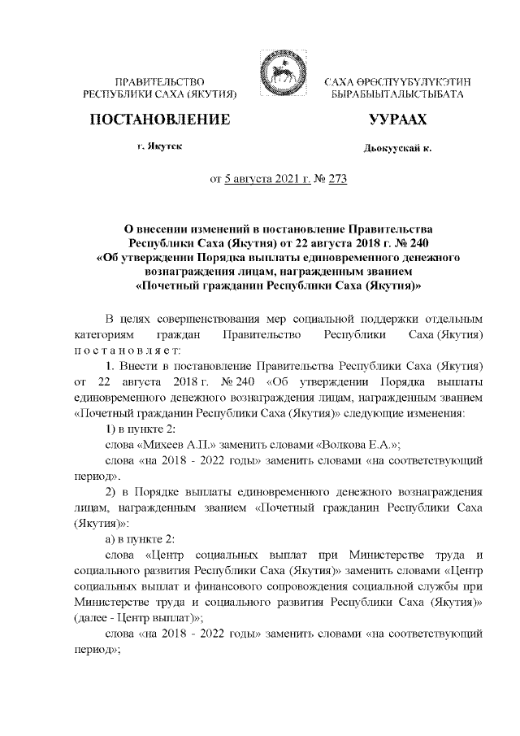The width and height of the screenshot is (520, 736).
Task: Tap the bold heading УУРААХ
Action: [x=397, y=120]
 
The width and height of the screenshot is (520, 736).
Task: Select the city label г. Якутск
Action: [x=159, y=146]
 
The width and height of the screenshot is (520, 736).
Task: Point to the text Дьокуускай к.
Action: [x=397, y=148]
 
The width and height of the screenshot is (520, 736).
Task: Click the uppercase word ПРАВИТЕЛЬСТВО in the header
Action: [x=159, y=82]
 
